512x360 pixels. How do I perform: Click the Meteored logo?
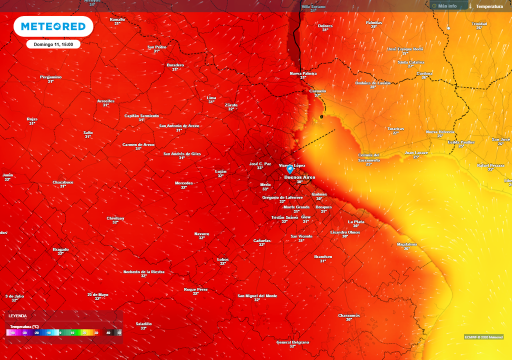(53, 26)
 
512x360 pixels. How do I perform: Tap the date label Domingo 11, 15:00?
(53, 44)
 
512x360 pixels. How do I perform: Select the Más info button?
(444, 6)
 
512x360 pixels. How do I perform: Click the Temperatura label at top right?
(489, 6)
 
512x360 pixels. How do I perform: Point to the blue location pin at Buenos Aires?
(290, 169)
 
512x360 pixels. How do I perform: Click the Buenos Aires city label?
(299, 177)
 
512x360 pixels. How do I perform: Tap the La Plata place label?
(356, 221)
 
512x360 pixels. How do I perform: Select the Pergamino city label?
(50, 77)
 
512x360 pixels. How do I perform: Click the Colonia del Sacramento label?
(369, 157)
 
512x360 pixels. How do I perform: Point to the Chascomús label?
(349, 315)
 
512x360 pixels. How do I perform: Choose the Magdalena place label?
(406, 244)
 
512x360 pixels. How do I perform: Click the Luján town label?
(220, 171)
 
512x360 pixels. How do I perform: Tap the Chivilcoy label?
(115, 218)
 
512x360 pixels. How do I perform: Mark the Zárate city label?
(231, 104)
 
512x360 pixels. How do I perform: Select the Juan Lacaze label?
(416, 152)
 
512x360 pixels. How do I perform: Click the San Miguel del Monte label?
(257, 295)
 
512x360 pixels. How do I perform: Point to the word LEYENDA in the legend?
(17, 316)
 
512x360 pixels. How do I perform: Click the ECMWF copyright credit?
(483, 336)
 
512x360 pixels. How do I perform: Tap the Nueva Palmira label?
(303, 73)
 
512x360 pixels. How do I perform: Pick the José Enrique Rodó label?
(405, 49)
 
